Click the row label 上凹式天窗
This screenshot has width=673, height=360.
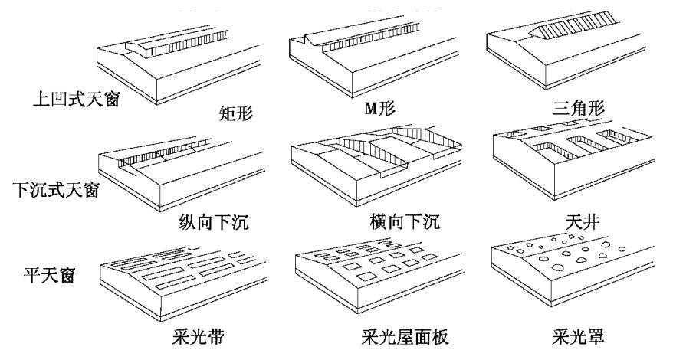tap(77, 99)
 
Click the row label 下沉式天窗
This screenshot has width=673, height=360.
tap(56, 188)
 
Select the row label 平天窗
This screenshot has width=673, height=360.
tap(49, 273)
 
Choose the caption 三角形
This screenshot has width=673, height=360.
tap(578, 107)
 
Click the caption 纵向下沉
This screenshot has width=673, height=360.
tap(214, 222)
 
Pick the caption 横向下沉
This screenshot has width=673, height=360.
tap(404, 221)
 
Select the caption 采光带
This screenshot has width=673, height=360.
tap(198, 336)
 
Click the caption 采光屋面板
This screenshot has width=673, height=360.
tap(405, 336)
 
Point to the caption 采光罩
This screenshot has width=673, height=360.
tap(578, 336)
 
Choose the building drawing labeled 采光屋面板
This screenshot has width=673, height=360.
tap(379, 277)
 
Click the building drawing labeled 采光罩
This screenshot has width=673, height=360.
tap(573, 270)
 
